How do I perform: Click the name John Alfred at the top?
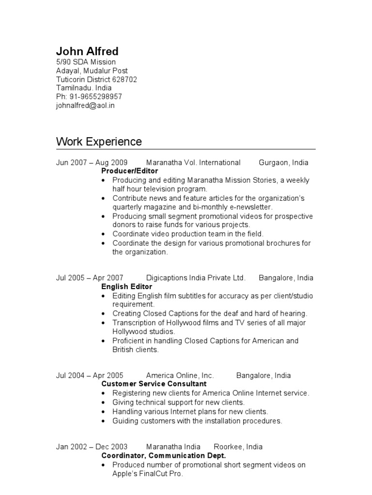tap(87, 51)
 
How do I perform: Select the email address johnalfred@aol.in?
tap(85, 105)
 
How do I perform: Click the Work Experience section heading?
tap(99, 142)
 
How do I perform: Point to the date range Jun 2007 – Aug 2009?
tap(92, 162)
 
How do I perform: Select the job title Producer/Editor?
tap(129, 171)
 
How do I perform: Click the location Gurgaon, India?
tap(283, 162)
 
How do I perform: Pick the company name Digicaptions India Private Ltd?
tap(196, 278)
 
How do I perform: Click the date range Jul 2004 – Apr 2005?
tap(90, 376)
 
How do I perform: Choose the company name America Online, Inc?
tap(180, 376)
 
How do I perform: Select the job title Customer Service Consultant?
tap(154, 384)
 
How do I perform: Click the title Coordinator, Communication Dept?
tap(164, 456)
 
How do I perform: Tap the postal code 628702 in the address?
tap(124, 79)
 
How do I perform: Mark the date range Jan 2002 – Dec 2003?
tap(92, 447)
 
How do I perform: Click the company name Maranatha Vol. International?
tap(193, 162)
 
